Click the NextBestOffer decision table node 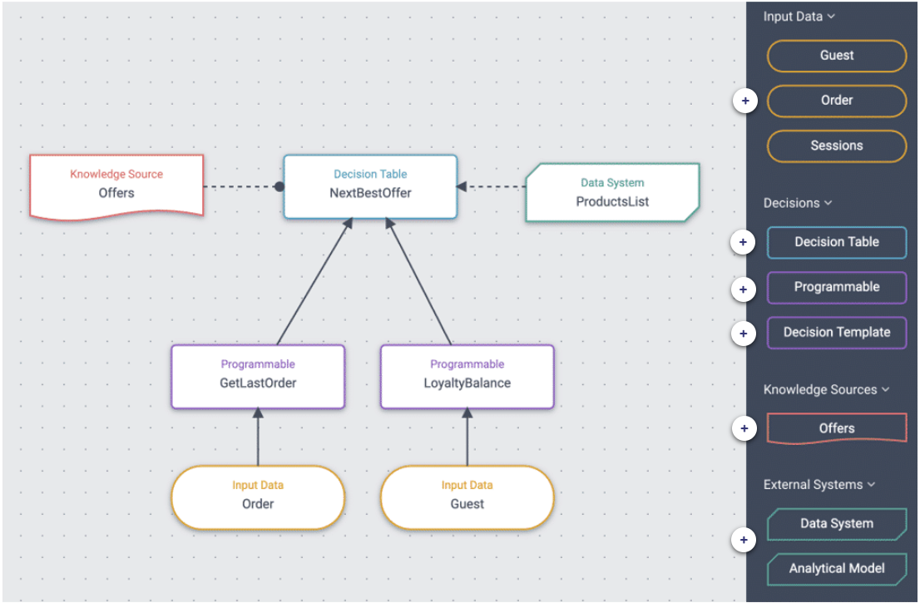click(x=370, y=186)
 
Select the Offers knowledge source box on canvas click(x=116, y=185)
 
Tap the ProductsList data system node click(x=612, y=192)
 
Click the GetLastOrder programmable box click(x=258, y=377)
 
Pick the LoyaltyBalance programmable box click(x=467, y=377)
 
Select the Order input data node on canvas click(x=258, y=497)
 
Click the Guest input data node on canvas click(x=467, y=497)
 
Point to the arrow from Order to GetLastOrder click(x=258, y=438)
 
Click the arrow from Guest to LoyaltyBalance click(x=467, y=438)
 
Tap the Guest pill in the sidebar click(x=836, y=56)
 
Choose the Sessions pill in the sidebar click(x=836, y=146)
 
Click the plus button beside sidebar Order click(x=744, y=101)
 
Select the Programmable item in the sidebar click(x=836, y=287)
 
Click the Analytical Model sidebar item click(x=836, y=569)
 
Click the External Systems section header click(x=819, y=484)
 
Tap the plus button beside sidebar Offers click(x=744, y=429)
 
